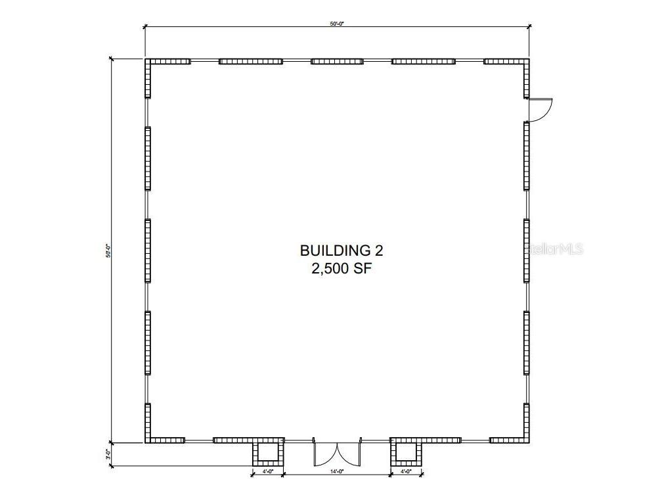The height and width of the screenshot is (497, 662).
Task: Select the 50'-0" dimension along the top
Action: click(x=337, y=23)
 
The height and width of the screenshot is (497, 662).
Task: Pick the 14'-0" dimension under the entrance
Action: click(x=338, y=471)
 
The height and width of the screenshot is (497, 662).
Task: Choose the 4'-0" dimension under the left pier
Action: click(x=269, y=471)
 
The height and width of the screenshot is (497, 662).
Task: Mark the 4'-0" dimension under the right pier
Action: click(x=407, y=471)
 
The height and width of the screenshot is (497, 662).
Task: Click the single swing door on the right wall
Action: click(x=540, y=110)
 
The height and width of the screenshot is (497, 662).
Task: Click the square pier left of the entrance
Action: click(x=269, y=452)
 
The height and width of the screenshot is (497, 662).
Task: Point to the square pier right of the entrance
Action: click(x=407, y=452)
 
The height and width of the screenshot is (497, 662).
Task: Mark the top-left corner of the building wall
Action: click(x=148, y=62)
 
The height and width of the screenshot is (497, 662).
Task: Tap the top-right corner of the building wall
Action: click(x=527, y=62)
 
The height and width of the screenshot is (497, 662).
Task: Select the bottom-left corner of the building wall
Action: click(x=148, y=440)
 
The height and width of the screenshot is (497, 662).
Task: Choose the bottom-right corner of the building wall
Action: click(x=527, y=440)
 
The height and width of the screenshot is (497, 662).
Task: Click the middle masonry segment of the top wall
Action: click(x=337, y=62)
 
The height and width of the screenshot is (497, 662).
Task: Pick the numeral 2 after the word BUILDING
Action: click(x=378, y=250)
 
